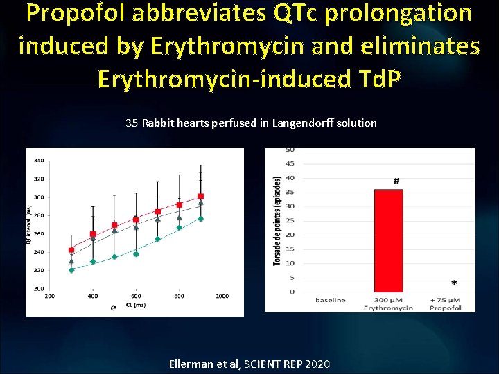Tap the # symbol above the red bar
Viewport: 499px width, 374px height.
[396, 181]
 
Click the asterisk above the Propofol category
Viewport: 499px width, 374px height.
[454, 283]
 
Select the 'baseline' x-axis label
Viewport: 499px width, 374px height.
[331, 300]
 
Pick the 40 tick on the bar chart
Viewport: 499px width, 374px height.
[290, 178]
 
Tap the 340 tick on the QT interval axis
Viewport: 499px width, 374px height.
[39, 161]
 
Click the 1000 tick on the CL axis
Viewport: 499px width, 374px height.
[222, 296]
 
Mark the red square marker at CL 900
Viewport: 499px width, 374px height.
[200, 197]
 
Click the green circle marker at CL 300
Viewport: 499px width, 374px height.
[71, 270]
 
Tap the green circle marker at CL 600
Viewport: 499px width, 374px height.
[136, 254]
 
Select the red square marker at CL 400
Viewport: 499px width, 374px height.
[93, 235]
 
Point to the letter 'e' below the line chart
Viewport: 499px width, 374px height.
[113, 308]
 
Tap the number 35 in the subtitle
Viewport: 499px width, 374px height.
[132, 123]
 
